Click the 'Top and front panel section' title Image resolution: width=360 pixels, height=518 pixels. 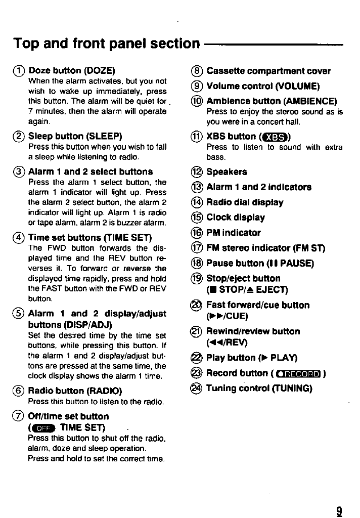107,43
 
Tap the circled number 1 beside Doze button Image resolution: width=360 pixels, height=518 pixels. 21,70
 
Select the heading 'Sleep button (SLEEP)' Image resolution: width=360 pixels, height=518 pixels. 75,136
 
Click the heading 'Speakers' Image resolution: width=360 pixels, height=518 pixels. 227,172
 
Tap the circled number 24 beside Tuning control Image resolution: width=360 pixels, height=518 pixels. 199,388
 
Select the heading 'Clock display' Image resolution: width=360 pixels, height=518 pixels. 236,218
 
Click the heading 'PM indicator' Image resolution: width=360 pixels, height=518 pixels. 234,233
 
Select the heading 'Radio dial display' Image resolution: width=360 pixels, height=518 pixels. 245,202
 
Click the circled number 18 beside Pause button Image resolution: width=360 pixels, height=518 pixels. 199,263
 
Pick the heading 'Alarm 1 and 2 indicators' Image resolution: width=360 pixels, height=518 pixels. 259,187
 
